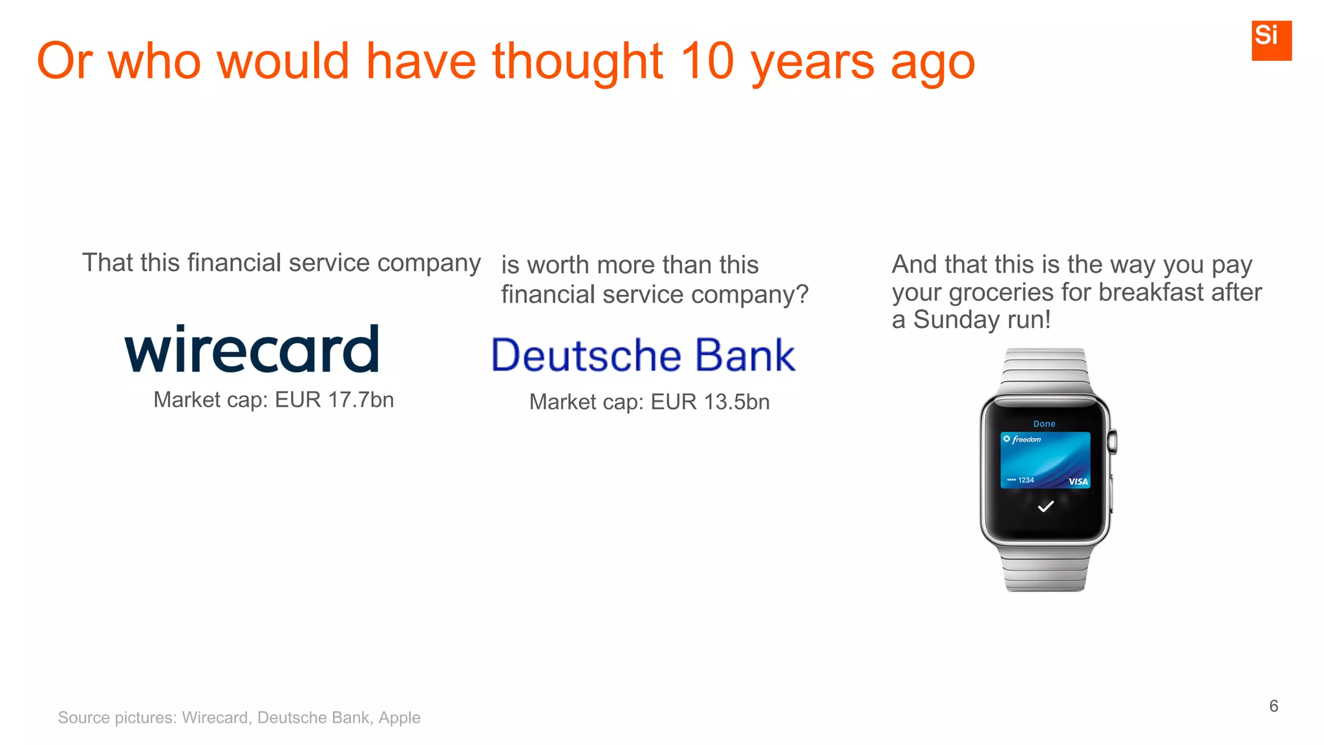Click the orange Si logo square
click(x=1271, y=40)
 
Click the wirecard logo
click(x=251, y=350)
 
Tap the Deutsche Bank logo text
click(x=643, y=356)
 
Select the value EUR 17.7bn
click(x=334, y=400)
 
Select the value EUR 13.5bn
click(x=710, y=402)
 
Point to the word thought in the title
click(x=577, y=61)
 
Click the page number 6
click(x=1274, y=706)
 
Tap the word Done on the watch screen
click(x=1044, y=424)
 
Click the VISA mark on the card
click(x=1078, y=481)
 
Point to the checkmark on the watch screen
click(x=1045, y=506)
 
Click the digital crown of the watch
click(x=1113, y=442)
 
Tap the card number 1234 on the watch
click(x=1025, y=480)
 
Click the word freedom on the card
click(x=1027, y=440)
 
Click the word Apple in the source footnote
click(x=400, y=718)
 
